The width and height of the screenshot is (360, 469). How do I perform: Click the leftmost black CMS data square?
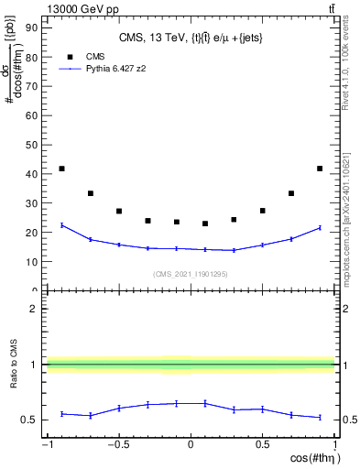pos(61,169)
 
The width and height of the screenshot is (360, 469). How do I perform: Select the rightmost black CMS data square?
pos(319,169)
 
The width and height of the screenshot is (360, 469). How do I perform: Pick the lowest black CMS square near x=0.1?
pos(205,224)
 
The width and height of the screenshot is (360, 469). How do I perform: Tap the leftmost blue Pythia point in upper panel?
pos(61,225)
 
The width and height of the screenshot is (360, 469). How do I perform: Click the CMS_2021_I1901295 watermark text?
pos(190,274)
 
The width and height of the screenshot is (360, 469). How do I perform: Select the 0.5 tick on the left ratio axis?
pos(29,420)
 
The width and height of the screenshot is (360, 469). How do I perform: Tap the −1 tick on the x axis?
pos(46,445)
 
